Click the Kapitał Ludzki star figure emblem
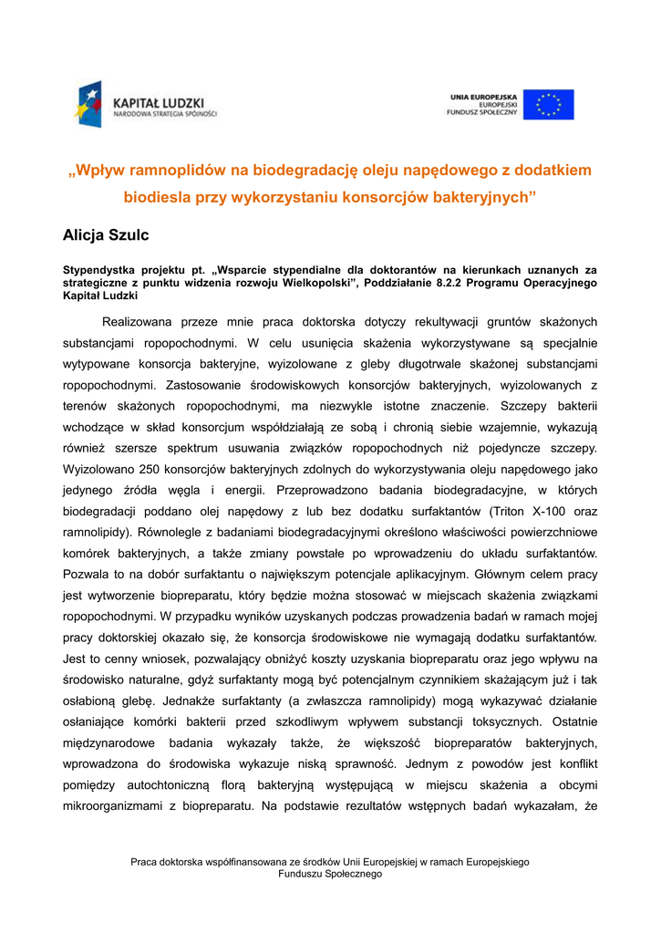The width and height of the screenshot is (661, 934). click(x=89, y=103)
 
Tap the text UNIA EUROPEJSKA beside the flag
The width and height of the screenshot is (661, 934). click(x=483, y=96)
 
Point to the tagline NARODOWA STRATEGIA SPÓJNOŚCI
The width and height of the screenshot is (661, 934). click(x=165, y=115)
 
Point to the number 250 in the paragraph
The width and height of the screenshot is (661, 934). click(x=150, y=471)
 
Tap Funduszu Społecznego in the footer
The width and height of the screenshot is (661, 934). click(x=329, y=874)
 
